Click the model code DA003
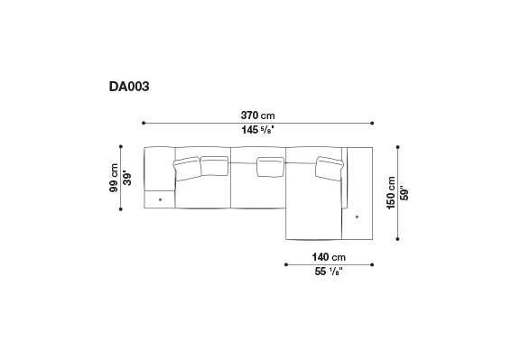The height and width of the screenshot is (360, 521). (129, 87)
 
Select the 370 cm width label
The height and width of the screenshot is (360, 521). (258, 115)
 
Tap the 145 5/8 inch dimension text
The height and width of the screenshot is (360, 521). (258, 130)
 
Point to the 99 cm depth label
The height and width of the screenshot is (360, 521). (114, 178)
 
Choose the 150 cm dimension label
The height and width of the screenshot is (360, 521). (391, 193)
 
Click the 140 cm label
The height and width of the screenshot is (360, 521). (329, 257)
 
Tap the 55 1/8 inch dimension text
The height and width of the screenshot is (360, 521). (329, 272)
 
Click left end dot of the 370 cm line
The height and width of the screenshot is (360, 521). (144, 123)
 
